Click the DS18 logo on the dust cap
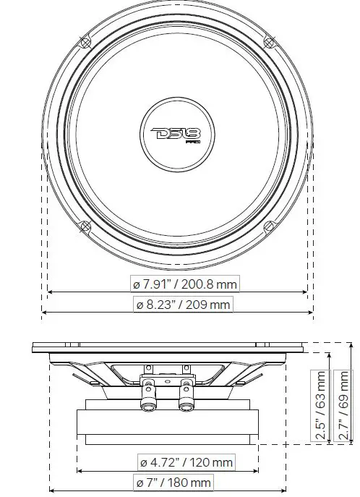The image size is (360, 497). [x=176, y=134]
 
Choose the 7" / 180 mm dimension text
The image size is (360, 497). [x=173, y=483]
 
